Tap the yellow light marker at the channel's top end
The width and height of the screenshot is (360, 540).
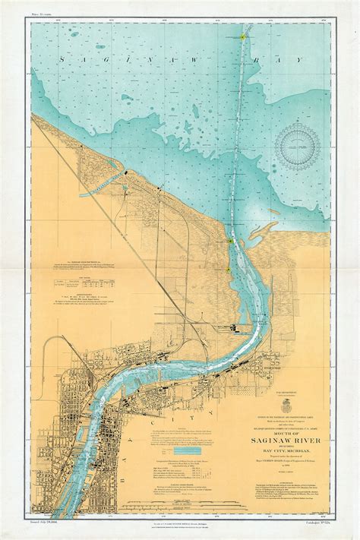[x=242, y=35]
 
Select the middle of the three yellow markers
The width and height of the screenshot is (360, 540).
[x=230, y=241]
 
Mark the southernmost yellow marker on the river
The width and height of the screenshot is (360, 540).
[x=226, y=267]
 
